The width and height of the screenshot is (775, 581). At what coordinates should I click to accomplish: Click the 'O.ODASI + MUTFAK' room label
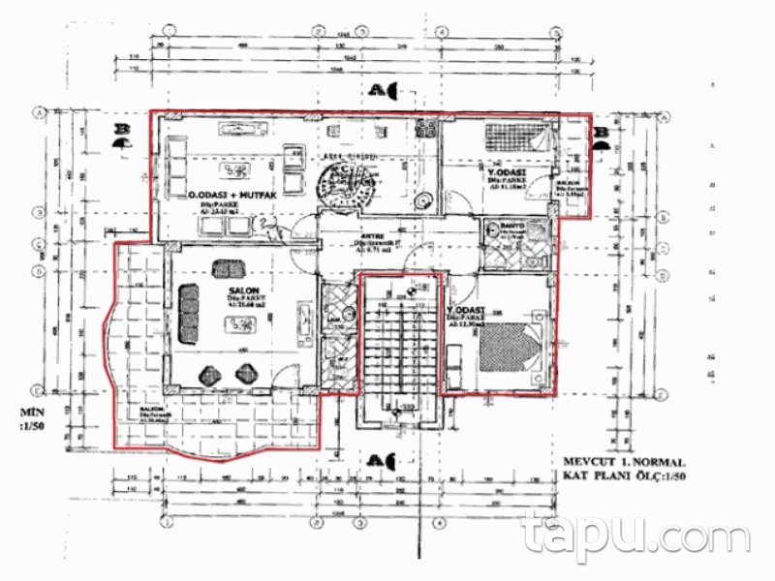pos(232,196)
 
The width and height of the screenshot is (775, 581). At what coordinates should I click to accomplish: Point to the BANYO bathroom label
pos(512,227)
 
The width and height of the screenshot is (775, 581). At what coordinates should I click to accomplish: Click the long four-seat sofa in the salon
pos(188,315)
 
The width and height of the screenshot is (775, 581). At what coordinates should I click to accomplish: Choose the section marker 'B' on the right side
pos(602,133)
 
